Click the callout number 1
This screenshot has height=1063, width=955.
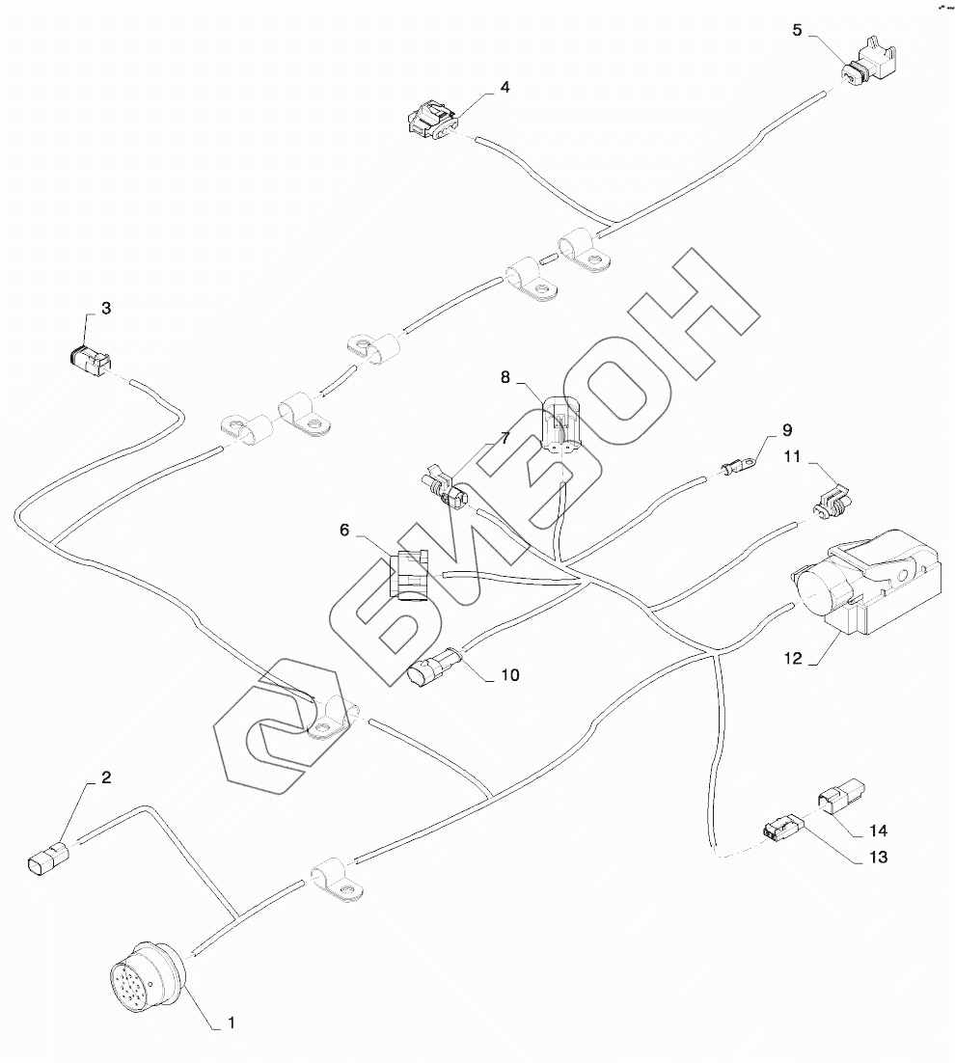(x=230, y=1021)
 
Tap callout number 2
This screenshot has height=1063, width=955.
(x=107, y=777)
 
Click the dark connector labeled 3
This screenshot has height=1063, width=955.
(x=85, y=362)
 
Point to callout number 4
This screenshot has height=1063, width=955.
(x=505, y=87)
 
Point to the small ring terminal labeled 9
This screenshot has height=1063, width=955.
(x=737, y=469)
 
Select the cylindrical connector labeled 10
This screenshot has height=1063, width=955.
(x=429, y=672)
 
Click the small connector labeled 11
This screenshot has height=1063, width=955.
(x=831, y=504)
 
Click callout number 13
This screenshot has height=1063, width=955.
(x=878, y=856)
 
